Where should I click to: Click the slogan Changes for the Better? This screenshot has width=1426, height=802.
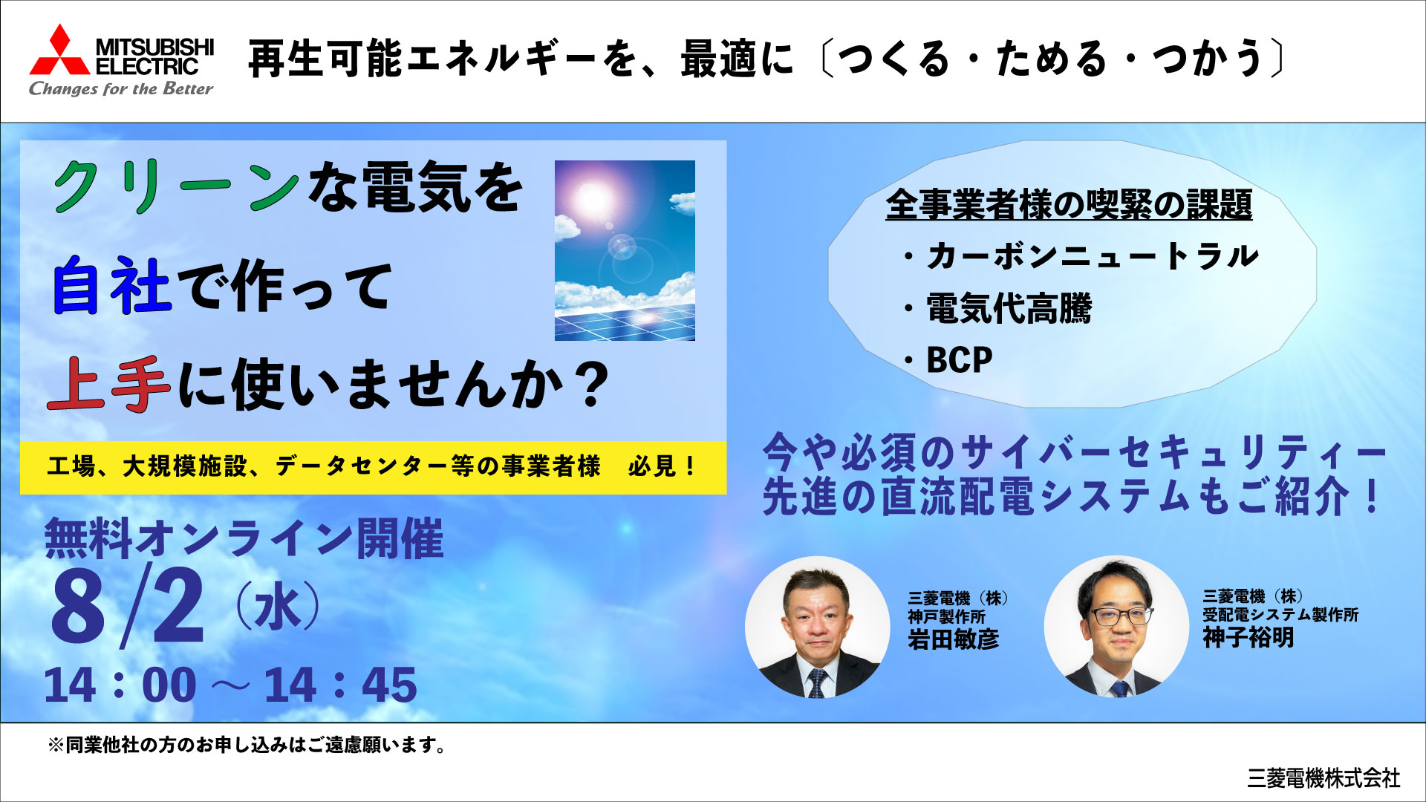pos(121,89)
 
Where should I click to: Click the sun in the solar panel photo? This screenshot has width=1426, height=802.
pos(593,198)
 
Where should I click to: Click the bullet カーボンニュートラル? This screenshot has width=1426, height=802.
pos(1092,256)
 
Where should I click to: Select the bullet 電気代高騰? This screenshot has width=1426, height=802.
pos(1009,308)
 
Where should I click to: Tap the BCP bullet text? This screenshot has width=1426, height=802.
pos(959,360)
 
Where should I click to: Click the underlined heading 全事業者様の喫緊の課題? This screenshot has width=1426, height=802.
pos(1069,204)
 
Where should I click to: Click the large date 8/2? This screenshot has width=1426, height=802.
pos(127,604)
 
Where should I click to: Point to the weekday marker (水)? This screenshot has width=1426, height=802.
pos(278,607)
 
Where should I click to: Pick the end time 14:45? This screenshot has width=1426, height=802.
pos(340,685)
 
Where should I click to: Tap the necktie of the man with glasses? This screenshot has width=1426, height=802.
pos(1119,689)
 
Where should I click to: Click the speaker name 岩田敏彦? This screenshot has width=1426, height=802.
pos(954,639)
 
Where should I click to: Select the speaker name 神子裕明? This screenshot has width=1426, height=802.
pos(1248,637)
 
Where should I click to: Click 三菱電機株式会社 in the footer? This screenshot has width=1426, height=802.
pos(1324,777)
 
